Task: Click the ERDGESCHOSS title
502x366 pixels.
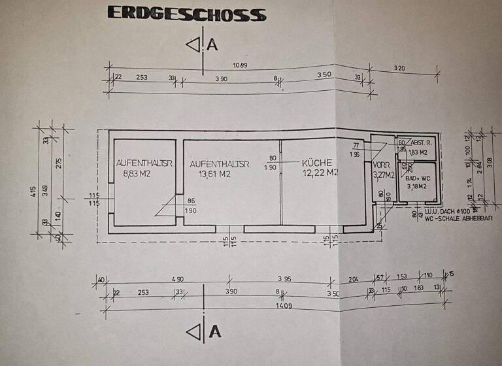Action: [x=186, y=14]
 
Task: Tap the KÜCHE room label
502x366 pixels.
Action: [x=317, y=163]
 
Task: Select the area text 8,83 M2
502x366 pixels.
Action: [x=136, y=174]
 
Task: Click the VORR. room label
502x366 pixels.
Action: [x=381, y=164]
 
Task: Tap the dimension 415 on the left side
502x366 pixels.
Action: [x=33, y=193]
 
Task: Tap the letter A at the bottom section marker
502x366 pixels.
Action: [x=214, y=331]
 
